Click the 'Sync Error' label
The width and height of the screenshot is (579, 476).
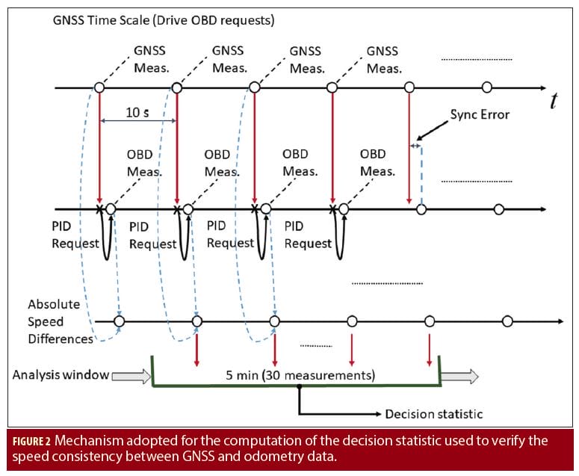coord(480,114)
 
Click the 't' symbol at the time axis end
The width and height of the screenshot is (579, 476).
coord(553,102)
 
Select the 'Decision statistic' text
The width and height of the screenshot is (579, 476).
coord(433,414)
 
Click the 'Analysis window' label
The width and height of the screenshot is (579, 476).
coord(60,375)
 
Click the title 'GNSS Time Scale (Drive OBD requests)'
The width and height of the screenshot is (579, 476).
coord(163,21)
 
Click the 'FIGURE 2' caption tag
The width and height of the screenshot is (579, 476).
coord(31,442)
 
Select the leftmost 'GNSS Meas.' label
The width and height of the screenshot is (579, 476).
coord(152,60)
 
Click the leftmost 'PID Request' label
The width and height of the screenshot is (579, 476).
coord(75,234)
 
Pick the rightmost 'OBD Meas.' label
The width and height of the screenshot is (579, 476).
coord(377,162)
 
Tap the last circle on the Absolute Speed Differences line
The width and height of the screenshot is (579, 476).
coord(507,322)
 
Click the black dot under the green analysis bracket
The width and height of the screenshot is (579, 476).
coord(300,387)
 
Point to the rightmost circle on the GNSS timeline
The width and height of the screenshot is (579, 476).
coord(487,87)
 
